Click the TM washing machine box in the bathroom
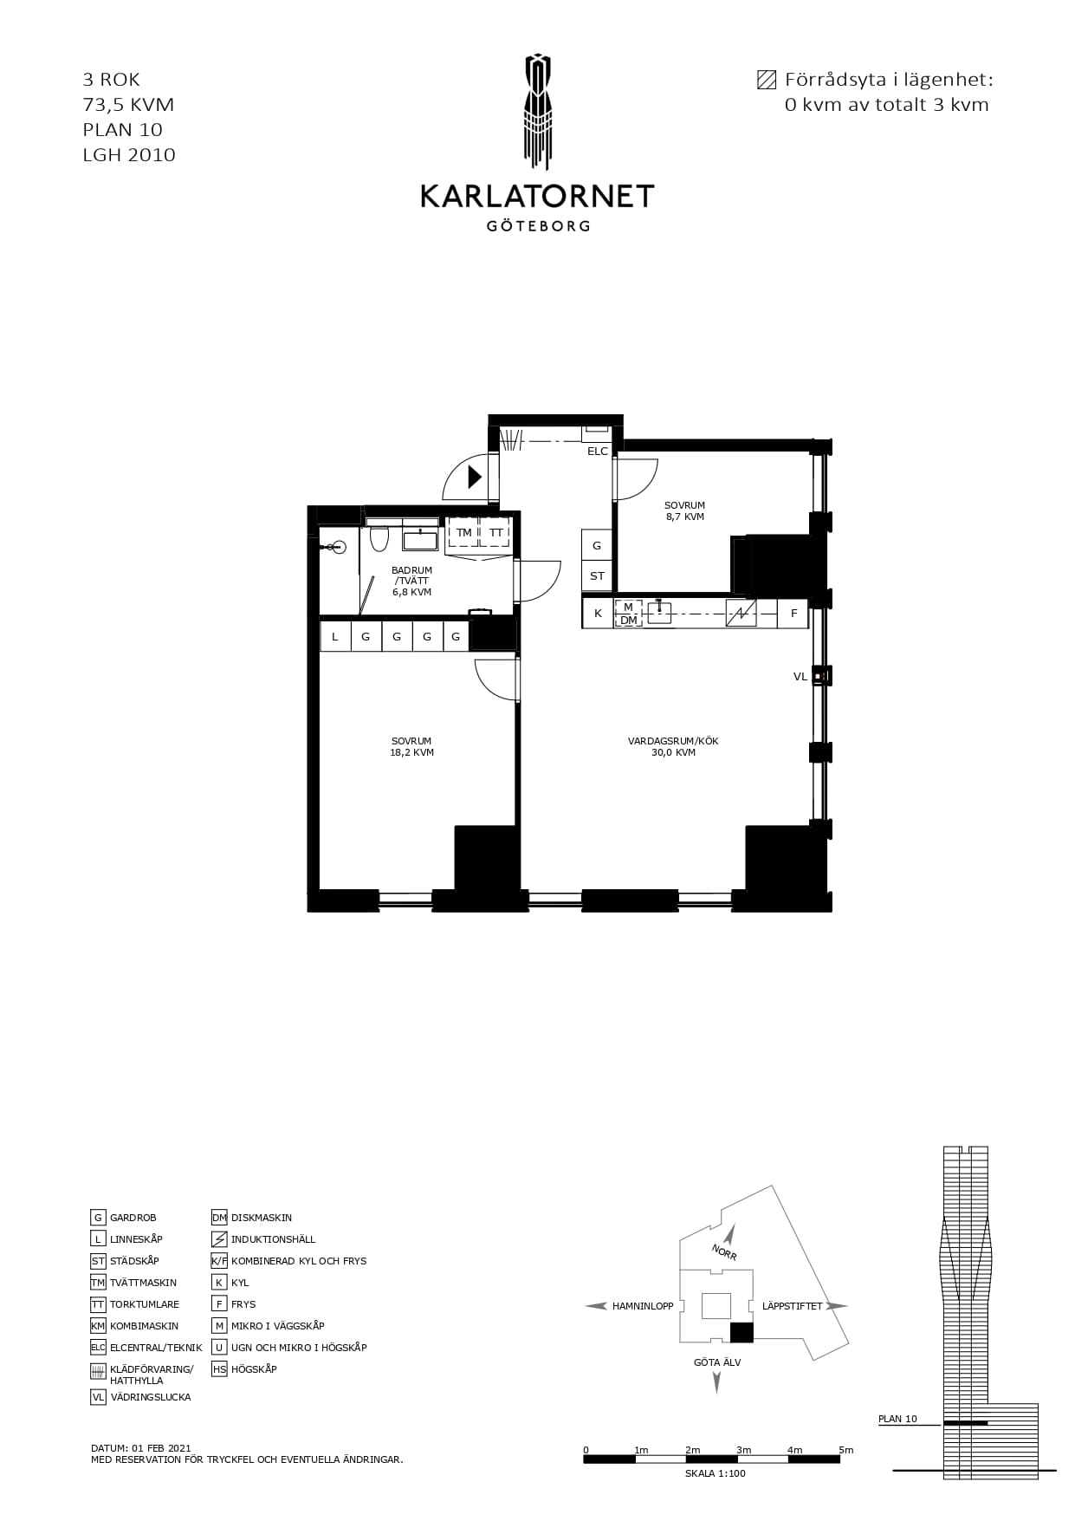pos(464,533)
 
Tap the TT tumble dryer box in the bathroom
pos(495,533)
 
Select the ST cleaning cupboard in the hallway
pos(597,575)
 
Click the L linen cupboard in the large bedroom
pos(335,637)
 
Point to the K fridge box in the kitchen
pos(598,614)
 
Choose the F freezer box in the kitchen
pos(793,614)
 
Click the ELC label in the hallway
pos(598,452)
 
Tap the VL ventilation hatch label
pos(800,677)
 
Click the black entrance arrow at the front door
pos(475,476)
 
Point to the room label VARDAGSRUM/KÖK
pos(673,741)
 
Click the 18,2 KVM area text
pos(411,753)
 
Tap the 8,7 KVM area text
pos(684,517)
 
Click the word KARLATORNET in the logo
pos(537,197)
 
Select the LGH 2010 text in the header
pos(129,155)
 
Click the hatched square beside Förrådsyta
pos(766,80)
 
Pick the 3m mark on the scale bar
pos(744,1450)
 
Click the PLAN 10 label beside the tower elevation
pos(897,1420)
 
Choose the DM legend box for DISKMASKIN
pos(219,1218)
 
